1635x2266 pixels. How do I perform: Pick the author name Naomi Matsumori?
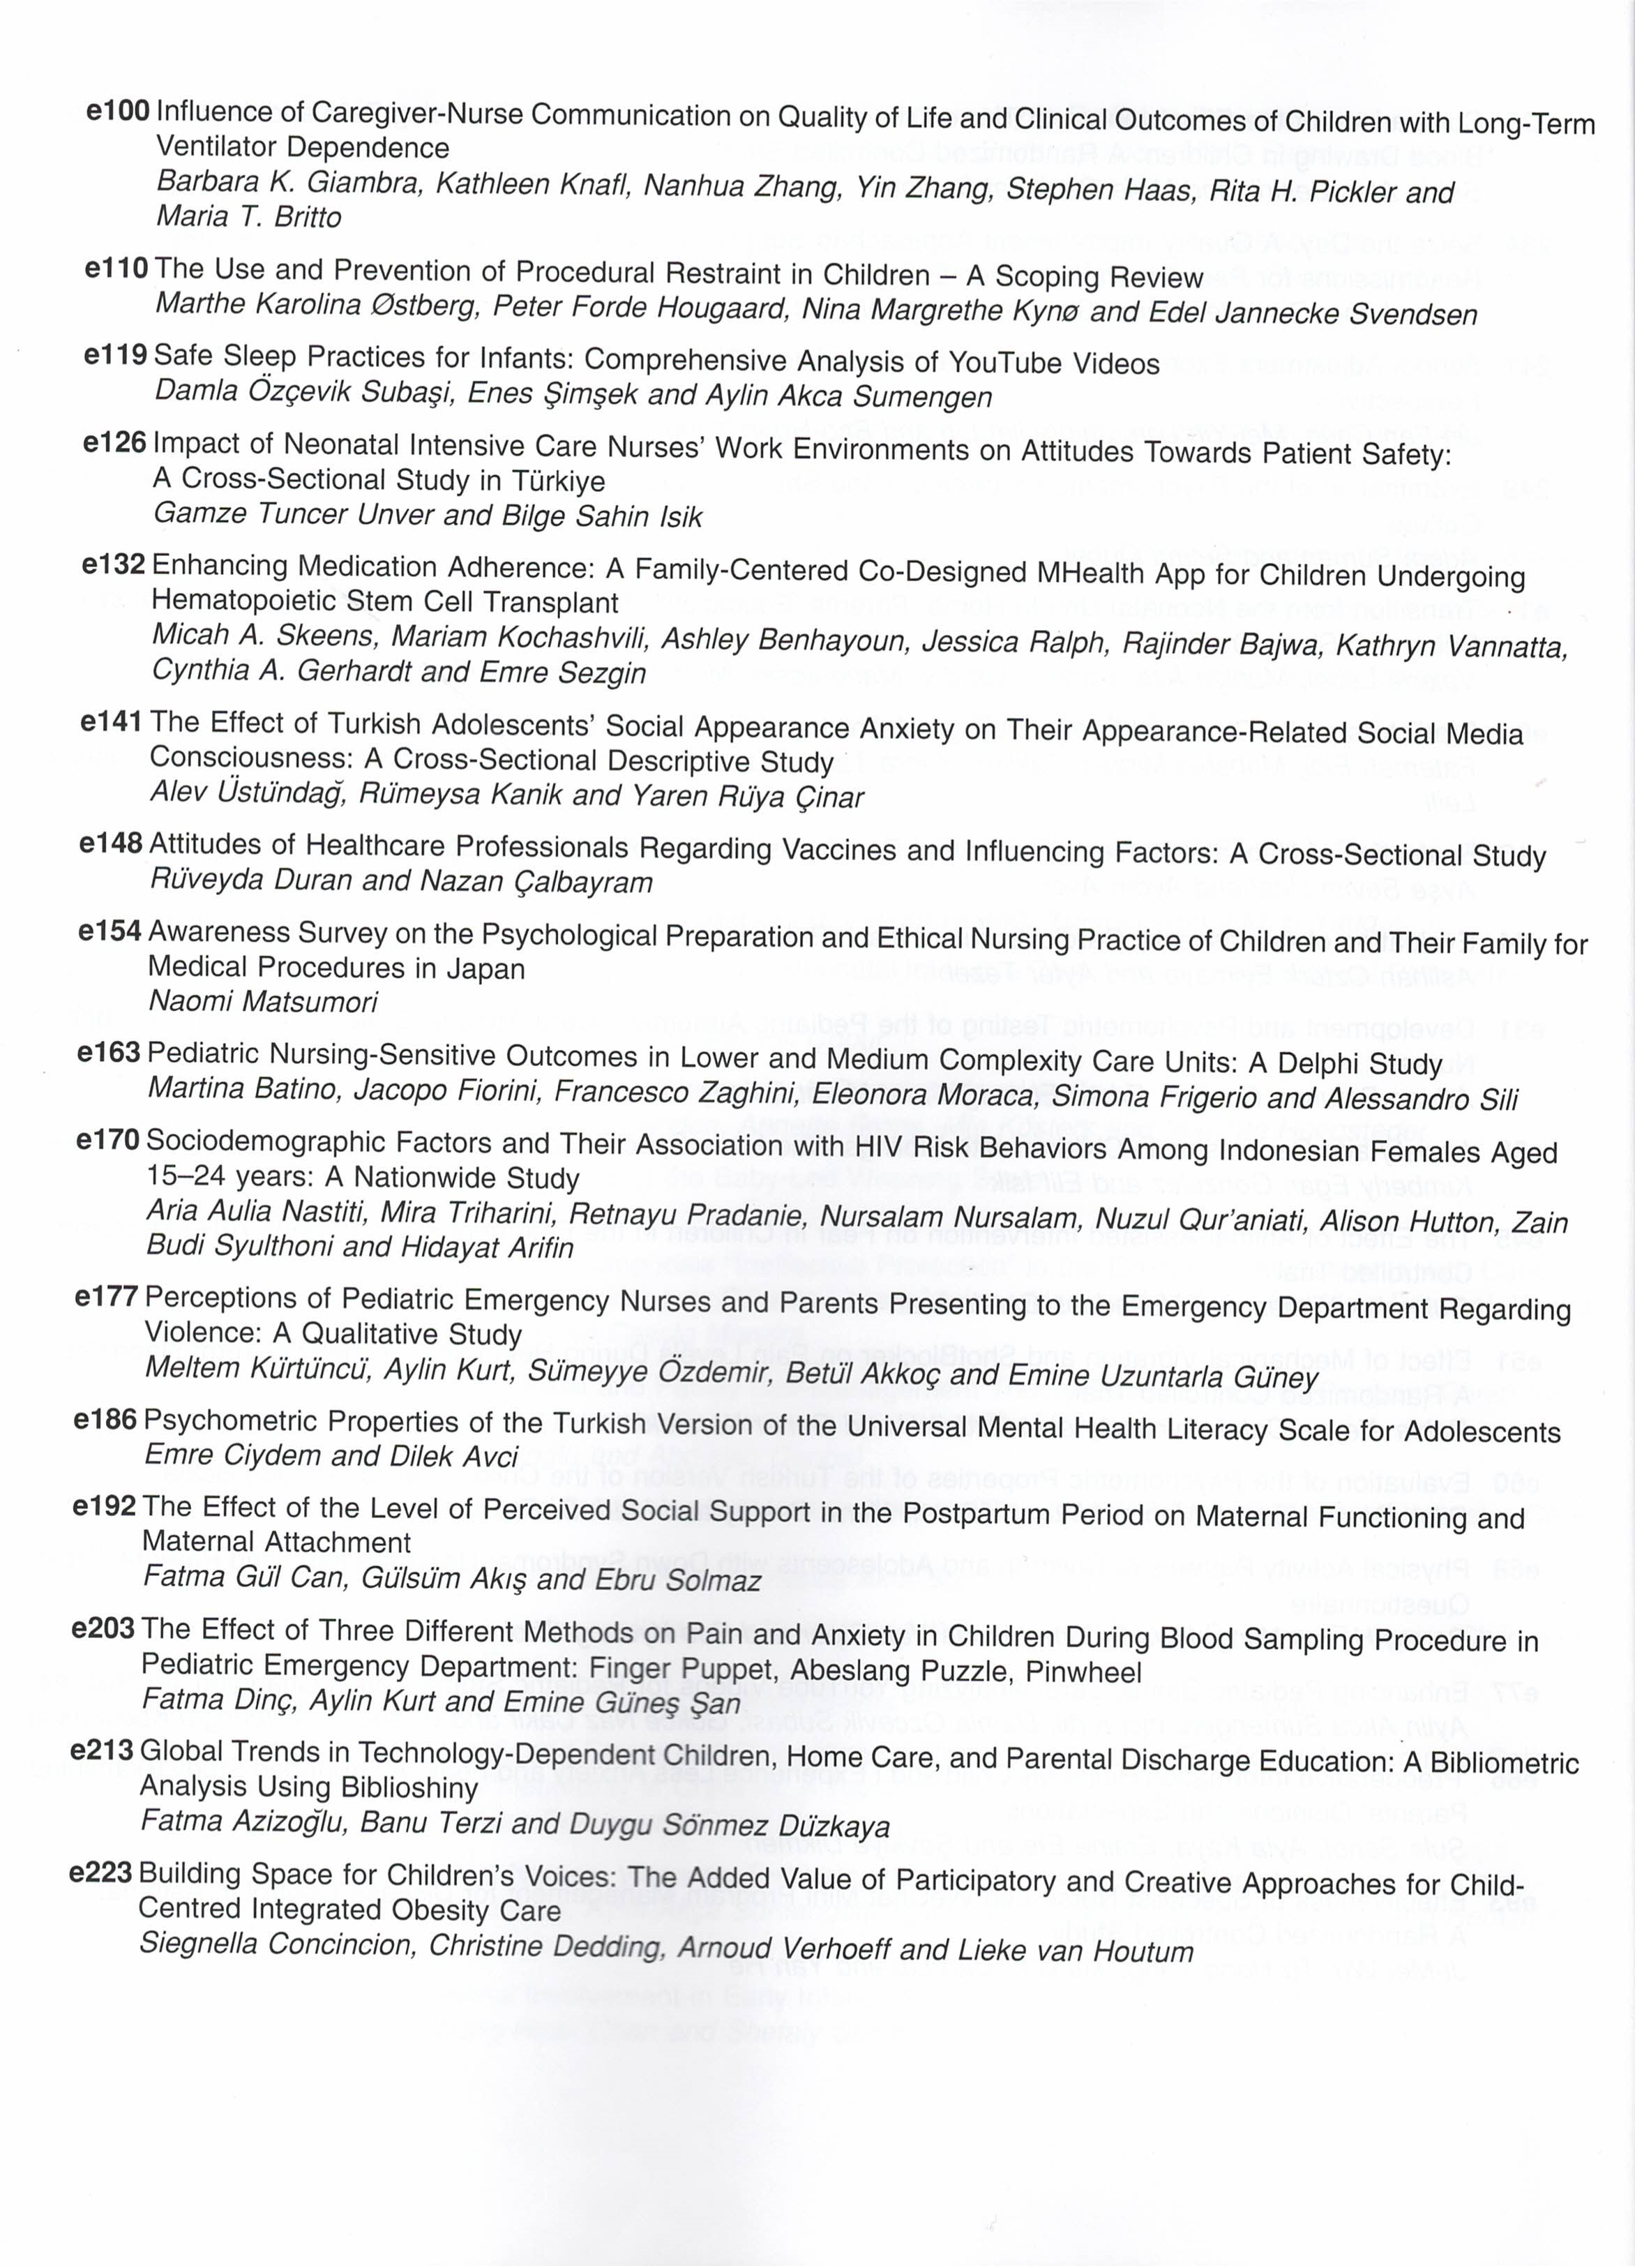(263, 1001)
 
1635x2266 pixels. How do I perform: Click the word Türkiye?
(559, 481)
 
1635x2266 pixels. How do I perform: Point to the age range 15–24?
(187, 1177)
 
